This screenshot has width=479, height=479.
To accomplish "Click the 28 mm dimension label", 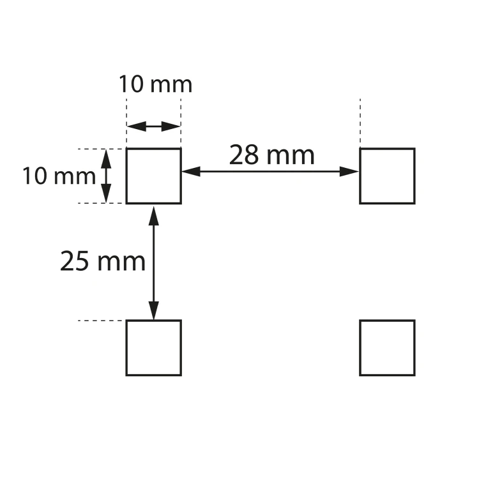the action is (x=271, y=155).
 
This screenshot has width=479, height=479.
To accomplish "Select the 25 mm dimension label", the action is (x=103, y=261).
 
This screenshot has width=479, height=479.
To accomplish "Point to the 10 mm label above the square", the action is (x=155, y=84).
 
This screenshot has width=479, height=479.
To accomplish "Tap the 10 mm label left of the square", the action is (x=59, y=176).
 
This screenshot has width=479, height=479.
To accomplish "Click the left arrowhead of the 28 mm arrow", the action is (x=191, y=171).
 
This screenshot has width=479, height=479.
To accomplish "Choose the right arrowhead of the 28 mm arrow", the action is (x=349, y=171).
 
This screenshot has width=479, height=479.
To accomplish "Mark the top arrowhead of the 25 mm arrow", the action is (x=154, y=216).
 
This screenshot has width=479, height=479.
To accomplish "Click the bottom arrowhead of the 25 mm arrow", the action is (x=154, y=310).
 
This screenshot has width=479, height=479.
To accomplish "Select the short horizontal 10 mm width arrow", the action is (x=154, y=126).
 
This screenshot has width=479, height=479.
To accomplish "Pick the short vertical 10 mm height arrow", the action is (x=106, y=176).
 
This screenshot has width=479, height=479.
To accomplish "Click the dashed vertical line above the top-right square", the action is (x=360, y=121).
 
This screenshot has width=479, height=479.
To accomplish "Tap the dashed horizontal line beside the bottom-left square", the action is (x=102, y=321).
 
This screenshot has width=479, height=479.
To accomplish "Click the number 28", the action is (x=243, y=155).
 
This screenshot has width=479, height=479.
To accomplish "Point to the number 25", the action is (x=75, y=261).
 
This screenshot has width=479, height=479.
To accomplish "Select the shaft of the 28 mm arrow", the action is (x=270, y=171).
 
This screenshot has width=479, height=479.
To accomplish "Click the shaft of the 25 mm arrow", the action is (x=154, y=263).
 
